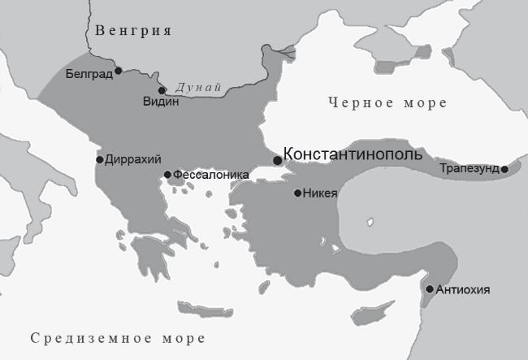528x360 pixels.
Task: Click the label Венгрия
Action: (133, 32)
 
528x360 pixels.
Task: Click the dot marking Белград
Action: (119, 71)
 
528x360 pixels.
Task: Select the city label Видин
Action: (160, 102)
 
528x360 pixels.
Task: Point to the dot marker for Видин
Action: (162, 90)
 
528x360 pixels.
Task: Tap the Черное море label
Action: (387, 103)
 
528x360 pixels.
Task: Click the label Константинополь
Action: (352, 154)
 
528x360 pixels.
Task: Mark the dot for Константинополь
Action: (277, 160)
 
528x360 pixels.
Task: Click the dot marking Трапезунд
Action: (504, 169)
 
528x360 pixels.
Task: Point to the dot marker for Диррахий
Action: (100, 159)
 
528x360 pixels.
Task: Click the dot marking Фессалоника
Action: (167, 175)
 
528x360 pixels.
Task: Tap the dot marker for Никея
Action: (298, 193)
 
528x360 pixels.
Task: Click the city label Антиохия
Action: (463, 289)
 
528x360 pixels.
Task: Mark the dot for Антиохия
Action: (430, 288)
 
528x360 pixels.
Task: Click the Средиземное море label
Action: (116, 338)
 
